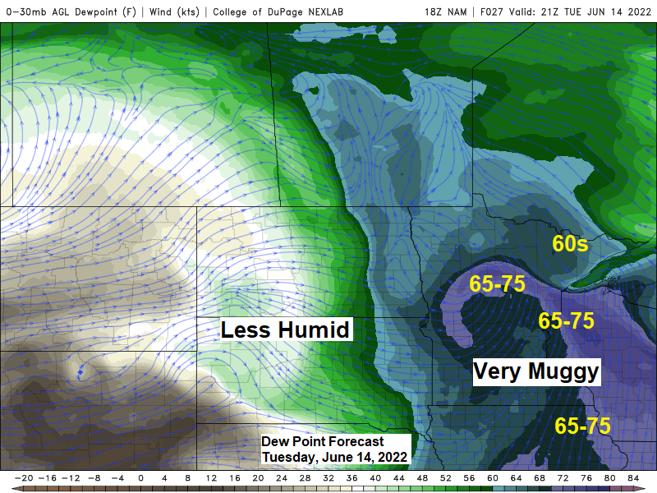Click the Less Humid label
click(286, 330)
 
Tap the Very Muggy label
click(536, 371)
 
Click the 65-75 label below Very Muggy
click(582, 426)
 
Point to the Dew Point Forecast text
click(323, 442)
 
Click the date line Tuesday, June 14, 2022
click(334, 457)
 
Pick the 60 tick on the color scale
click(493, 477)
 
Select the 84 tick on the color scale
click(633, 477)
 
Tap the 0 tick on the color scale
click(140, 477)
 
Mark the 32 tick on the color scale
click(328, 477)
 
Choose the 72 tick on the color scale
click(563, 477)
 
